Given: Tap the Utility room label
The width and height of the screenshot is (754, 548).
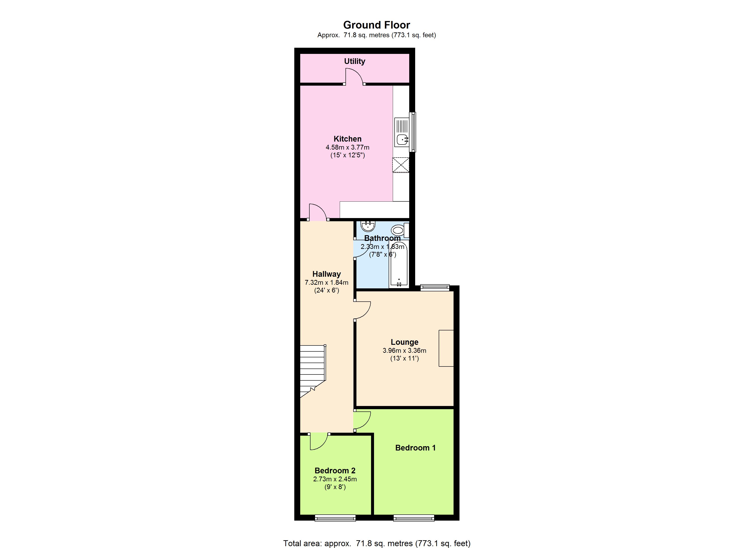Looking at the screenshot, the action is [354, 61].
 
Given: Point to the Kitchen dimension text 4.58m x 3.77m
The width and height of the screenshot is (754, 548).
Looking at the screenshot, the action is [348, 147].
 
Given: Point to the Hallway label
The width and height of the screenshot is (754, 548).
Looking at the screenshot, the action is [327, 274].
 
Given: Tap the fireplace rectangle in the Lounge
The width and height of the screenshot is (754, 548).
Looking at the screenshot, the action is [446, 348].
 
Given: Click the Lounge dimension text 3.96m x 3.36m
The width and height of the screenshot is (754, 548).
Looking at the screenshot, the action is [404, 350].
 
